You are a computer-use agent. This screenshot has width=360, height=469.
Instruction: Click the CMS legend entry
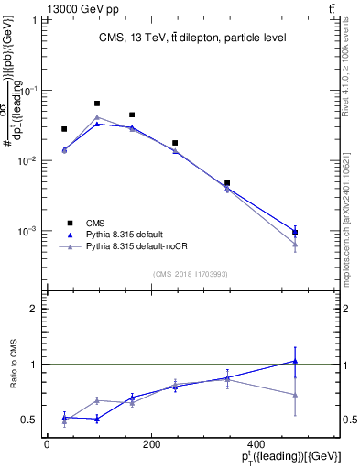[x=95, y=223]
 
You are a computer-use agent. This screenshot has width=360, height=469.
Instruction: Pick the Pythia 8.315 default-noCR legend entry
[x=134, y=247]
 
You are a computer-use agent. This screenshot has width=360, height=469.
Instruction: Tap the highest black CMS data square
[x=97, y=104]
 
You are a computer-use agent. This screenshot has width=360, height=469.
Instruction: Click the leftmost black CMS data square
[x=64, y=129]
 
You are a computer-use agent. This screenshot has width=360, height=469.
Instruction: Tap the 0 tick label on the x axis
[x=46, y=444]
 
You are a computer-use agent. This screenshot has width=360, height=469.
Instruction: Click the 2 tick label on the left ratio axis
[x=34, y=309]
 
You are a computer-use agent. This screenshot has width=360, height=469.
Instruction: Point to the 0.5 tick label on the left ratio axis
[x=28, y=420]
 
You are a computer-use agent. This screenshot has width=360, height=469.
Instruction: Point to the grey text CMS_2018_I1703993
[x=191, y=273]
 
